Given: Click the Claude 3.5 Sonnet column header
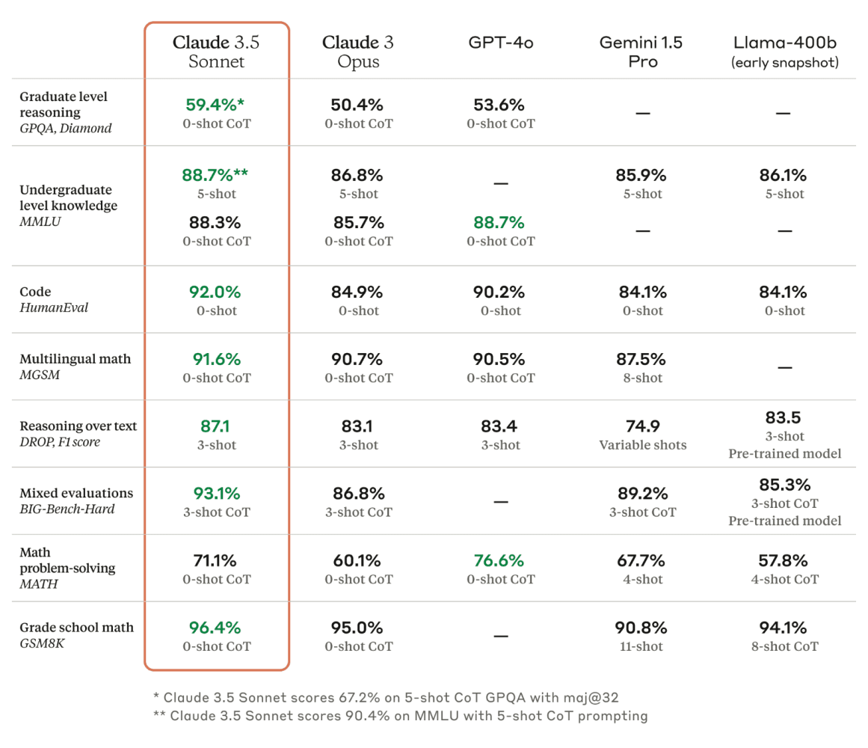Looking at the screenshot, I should (x=216, y=51).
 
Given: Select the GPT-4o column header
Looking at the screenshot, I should (x=500, y=43).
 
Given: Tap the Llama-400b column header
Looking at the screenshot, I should (x=784, y=51).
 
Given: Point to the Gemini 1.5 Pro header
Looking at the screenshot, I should (x=642, y=51).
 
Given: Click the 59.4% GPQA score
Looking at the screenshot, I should (x=216, y=105).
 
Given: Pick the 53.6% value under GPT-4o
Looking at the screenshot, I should (x=500, y=105).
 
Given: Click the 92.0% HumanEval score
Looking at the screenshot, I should (x=216, y=292).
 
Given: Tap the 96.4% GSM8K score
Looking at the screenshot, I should (x=216, y=628).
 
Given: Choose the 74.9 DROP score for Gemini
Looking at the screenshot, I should (x=642, y=426).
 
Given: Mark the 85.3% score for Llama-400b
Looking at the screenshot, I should (x=784, y=485).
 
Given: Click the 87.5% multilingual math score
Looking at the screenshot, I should (x=642, y=359).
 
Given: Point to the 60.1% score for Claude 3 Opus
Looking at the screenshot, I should (x=358, y=560).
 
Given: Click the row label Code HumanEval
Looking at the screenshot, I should (x=54, y=299).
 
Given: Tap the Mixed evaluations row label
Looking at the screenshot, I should (x=76, y=500).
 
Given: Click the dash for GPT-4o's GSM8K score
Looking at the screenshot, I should (x=500, y=636).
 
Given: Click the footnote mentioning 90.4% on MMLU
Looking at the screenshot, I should (x=400, y=716).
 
